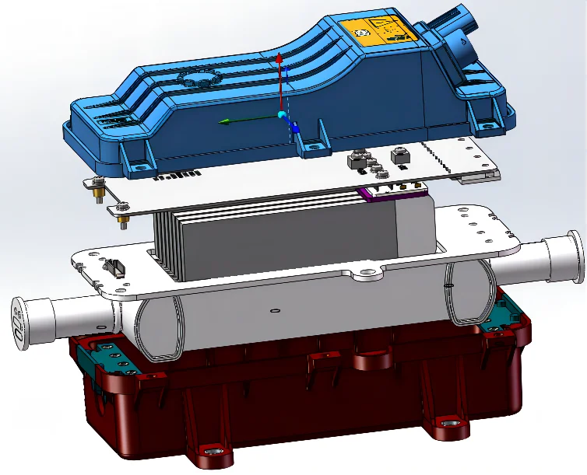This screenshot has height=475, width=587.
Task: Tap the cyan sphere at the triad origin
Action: point(282,116)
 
